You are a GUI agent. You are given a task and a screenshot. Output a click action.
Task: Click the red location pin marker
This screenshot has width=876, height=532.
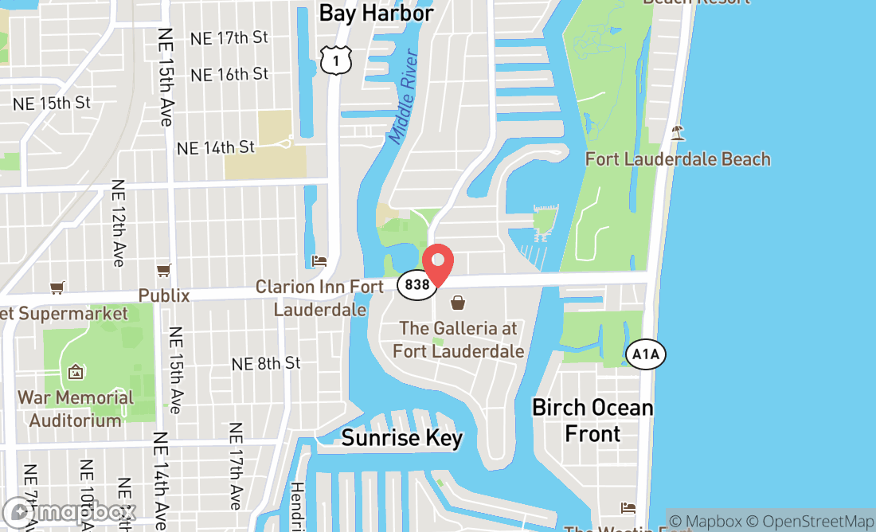click(x=436, y=266)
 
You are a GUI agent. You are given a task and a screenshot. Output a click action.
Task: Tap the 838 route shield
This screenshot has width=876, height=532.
click(x=416, y=284)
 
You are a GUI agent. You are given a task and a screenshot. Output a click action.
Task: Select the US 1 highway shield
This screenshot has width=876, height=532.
click(x=336, y=59)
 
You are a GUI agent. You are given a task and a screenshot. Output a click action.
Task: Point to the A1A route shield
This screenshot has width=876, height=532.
click(x=646, y=354)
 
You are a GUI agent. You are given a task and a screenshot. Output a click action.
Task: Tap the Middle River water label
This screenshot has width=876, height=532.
click(x=404, y=97)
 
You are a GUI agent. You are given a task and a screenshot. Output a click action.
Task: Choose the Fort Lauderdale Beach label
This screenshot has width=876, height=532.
click(x=678, y=159)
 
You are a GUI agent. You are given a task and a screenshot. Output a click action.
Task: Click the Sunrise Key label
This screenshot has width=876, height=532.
click(x=401, y=438)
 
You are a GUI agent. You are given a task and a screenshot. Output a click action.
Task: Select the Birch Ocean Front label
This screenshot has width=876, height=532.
click(x=592, y=421)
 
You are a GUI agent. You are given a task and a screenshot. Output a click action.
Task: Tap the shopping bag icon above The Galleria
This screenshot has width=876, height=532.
click(x=459, y=303)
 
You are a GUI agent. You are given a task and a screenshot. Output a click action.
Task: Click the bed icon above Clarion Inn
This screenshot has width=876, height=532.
click(x=319, y=261)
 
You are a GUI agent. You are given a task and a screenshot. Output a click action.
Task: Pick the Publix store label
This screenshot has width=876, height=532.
click(x=164, y=295)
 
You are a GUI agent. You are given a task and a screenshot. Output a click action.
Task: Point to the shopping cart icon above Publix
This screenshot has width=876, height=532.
click(x=164, y=271)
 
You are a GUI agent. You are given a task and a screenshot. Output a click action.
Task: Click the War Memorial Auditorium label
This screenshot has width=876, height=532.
click(x=76, y=409)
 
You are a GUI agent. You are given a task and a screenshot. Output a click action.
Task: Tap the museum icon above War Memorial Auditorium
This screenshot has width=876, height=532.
click(x=76, y=372)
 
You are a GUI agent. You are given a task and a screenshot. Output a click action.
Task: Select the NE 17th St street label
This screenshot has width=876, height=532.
click(x=229, y=37)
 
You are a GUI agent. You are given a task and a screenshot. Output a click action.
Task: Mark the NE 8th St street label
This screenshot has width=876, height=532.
click(x=266, y=363)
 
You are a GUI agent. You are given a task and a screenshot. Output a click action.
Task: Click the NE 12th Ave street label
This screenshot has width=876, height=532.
click(x=119, y=223)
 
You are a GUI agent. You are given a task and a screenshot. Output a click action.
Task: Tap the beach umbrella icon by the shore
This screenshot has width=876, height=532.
click(x=678, y=132)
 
